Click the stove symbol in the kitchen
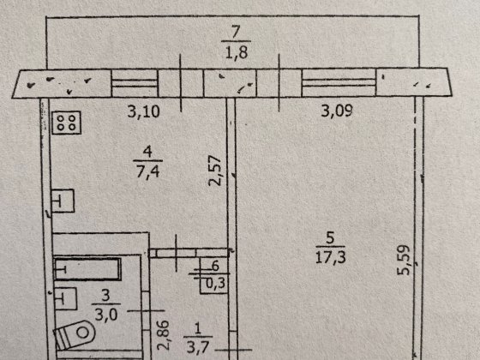(x=67, y=123)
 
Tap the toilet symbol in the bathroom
(x=75, y=334)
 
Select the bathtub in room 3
(x=87, y=269)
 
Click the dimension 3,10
(x=144, y=111)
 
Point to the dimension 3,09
(x=337, y=111)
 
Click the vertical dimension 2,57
(x=214, y=171)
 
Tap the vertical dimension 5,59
(x=403, y=261)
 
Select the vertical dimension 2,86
(x=163, y=335)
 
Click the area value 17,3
(x=331, y=257)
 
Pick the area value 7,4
(x=147, y=171)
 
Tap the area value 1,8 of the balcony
(x=237, y=52)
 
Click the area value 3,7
(x=198, y=347)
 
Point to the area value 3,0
(x=106, y=314)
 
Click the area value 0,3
(x=216, y=283)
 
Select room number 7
(x=236, y=33)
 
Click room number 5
(x=330, y=238)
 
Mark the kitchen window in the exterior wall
(x=135, y=83)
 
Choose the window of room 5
(x=339, y=82)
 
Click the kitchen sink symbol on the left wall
(x=63, y=201)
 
